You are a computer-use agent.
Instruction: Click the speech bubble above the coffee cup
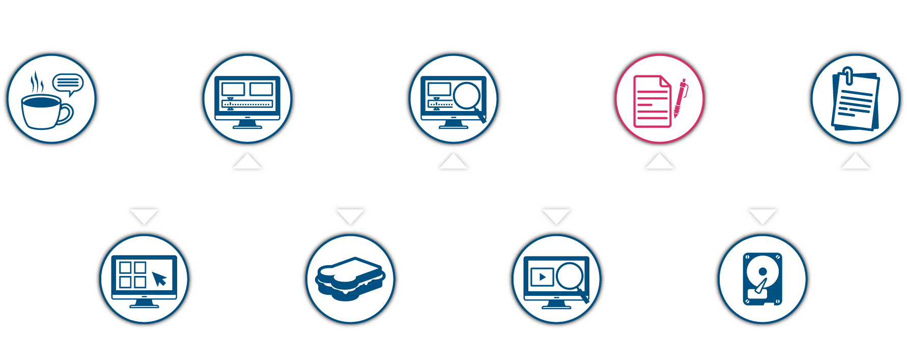(68, 83)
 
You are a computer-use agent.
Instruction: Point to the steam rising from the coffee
(37, 82)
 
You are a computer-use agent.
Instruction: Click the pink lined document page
(651, 101)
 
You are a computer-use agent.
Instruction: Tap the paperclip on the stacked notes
(847, 75)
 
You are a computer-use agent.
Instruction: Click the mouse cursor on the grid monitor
(159, 279)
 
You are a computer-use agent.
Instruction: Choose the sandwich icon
(350, 279)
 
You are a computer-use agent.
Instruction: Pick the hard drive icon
(762, 279)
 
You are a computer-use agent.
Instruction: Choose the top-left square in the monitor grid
(125, 267)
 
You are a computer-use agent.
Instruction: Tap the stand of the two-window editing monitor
(247, 124)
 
